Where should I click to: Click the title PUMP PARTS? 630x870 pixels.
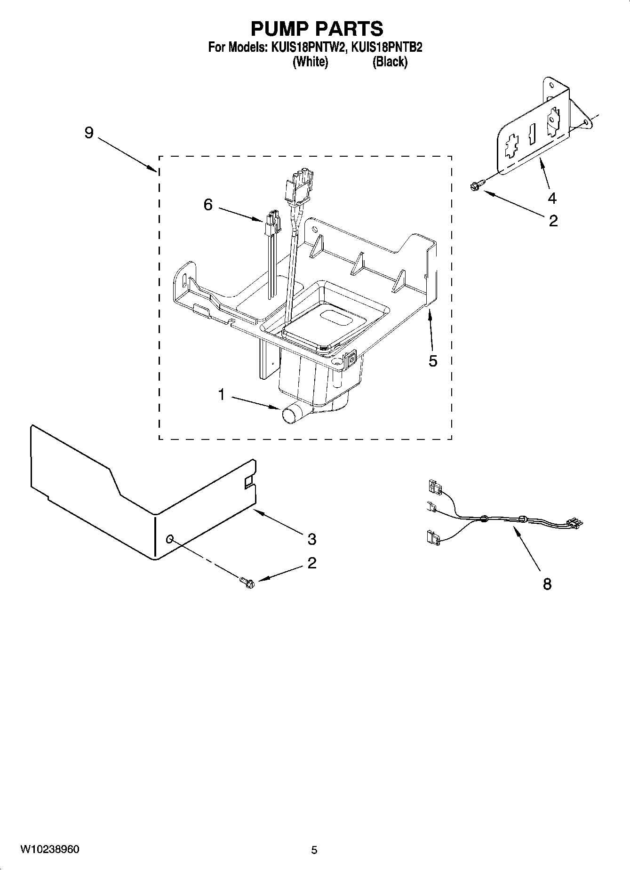(316, 29)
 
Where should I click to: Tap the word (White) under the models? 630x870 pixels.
(310, 62)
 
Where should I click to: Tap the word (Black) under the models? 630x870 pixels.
(390, 62)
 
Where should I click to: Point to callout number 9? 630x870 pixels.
(89, 133)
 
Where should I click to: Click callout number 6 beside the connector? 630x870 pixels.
(208, 205)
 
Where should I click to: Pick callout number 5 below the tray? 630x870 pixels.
(433, 361)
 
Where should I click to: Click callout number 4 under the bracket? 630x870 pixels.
(552, 199)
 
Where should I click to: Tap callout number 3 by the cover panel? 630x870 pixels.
(311, 539)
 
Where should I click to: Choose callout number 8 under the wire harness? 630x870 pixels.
(547, 584)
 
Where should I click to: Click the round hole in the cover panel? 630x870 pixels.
(170, 539)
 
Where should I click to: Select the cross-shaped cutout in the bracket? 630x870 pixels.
(510, 148)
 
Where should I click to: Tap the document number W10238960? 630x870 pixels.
(50, 849)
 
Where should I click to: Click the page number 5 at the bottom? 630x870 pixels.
(314, 850)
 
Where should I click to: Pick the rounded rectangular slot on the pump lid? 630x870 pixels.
(335, 319)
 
